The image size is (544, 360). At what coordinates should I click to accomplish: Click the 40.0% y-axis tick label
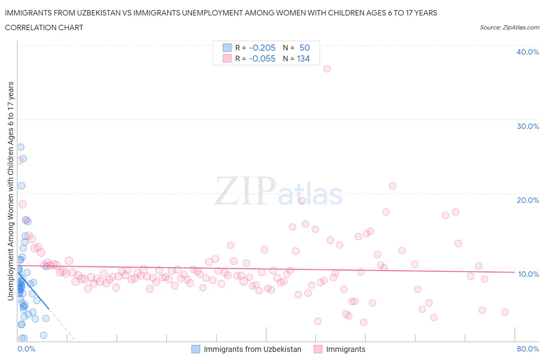528,52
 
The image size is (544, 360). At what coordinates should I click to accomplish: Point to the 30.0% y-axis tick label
528,126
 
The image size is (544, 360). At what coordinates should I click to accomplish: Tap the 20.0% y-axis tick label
528,200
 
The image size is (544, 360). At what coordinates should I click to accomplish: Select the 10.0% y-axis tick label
528,274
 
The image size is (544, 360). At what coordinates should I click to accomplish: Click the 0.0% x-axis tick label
26,349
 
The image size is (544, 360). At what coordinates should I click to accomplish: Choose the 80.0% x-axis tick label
528,349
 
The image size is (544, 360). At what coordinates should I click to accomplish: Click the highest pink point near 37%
327,69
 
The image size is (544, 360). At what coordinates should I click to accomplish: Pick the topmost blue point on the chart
21,147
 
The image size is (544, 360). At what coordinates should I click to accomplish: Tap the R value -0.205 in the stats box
262,48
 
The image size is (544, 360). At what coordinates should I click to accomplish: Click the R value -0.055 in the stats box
262,58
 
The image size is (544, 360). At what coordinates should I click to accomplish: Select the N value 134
303,58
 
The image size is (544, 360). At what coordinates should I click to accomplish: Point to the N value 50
305,48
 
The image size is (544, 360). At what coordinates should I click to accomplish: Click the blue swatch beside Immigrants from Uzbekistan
196,349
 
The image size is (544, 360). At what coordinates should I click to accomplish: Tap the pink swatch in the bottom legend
318,349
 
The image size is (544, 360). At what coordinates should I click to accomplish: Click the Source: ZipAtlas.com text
509,27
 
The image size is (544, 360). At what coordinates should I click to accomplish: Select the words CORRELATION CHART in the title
44,27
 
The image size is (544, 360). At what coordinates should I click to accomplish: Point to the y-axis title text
10,191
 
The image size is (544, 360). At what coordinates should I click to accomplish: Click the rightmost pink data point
505,312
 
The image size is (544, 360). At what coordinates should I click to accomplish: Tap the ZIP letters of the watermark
245,191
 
